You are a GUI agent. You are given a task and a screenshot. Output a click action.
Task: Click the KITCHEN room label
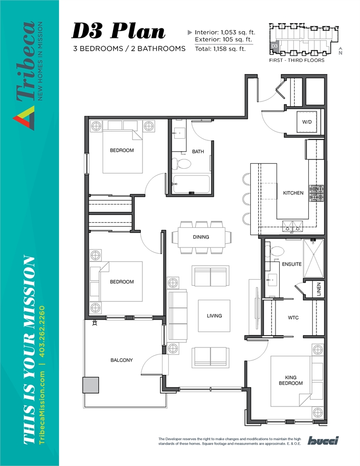point(293,193)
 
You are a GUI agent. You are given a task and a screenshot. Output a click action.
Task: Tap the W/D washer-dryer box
point(307,122)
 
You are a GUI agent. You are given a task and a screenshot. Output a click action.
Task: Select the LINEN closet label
point(319,289)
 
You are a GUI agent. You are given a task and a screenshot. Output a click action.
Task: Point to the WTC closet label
point(293,318)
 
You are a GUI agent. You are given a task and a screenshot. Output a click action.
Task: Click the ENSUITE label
point(292,264)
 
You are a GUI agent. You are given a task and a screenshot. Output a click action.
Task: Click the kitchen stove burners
point(316,194)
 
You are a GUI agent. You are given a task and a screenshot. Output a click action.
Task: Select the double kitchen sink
point(293,226)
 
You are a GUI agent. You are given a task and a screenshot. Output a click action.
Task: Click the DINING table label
point(201,237)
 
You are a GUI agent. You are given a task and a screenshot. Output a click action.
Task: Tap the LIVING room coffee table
point(214,316)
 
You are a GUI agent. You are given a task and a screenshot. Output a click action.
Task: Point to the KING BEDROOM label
point(291,380)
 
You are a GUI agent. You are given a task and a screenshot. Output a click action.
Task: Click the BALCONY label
point(122,360)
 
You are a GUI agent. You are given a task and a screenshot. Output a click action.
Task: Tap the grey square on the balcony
point(91,385)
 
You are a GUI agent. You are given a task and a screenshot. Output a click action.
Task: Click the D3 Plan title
point(118,31)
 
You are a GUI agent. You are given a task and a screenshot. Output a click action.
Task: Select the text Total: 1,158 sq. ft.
point(220,49)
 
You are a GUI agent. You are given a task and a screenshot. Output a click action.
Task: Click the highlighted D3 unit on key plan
point(275,47)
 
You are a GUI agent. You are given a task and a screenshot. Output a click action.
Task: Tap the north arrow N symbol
point(341,51)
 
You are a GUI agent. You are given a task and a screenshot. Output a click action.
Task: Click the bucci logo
point(323,440)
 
